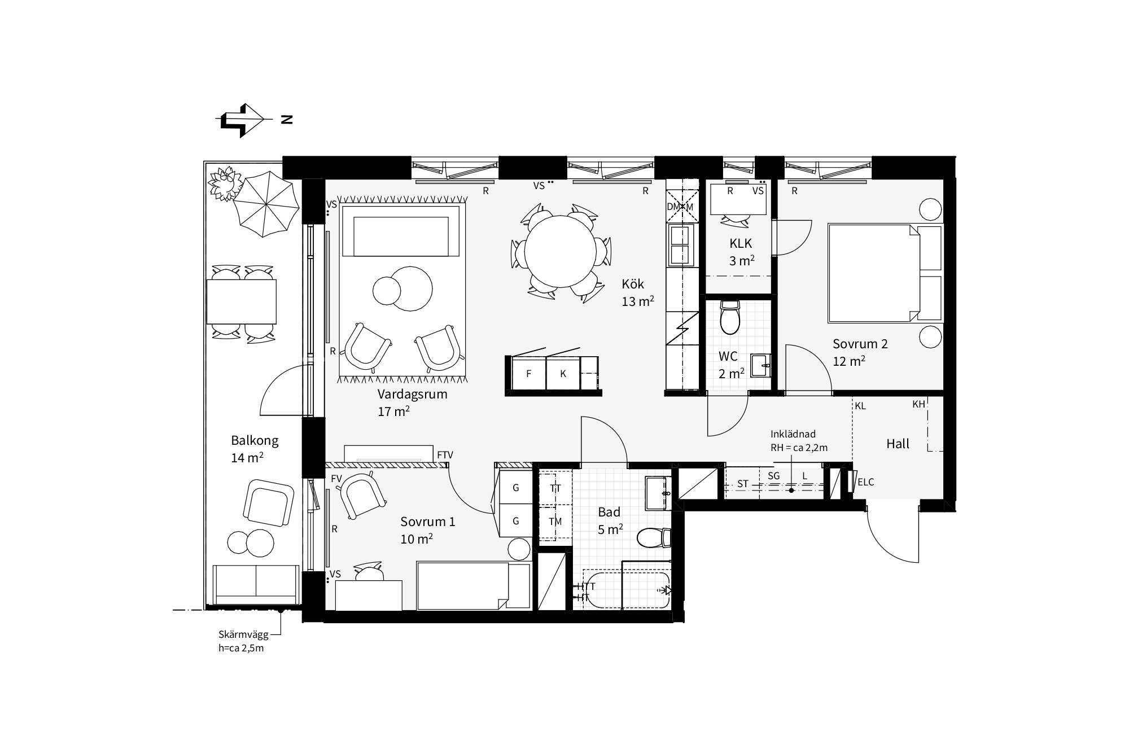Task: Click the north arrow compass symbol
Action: [242, 120]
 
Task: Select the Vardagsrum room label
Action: [412, 394]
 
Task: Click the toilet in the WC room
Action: [730, 317]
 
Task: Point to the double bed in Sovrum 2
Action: [885, 273]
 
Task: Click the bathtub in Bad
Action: [626, 590]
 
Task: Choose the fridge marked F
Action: [528, 373]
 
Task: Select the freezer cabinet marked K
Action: [563, 373]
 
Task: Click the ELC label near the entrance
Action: [865, 482]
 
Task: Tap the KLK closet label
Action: [741, 243]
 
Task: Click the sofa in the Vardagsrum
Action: [400, 231]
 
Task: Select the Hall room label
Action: [898, 444]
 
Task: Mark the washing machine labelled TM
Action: [555, 522]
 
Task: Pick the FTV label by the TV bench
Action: [445, 455]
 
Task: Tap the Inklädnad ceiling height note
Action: [799, 441]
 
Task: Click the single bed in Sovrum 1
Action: [474, 585]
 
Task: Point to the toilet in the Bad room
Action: [654, 538]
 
